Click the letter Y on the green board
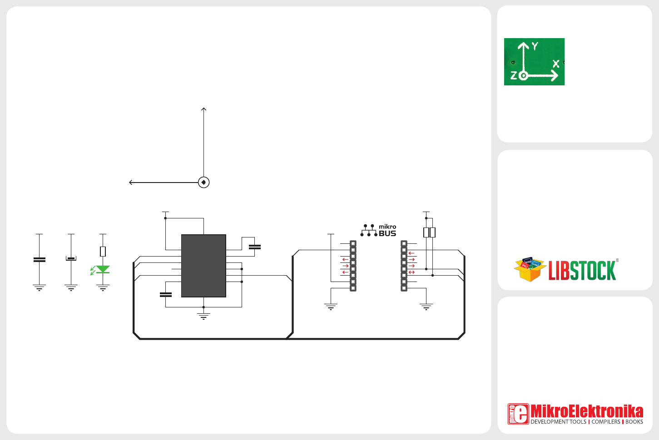point(535,46)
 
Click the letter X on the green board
point(555,64)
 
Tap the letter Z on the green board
point(514,75)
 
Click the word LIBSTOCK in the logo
point(582,271)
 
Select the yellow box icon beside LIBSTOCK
point(530,269)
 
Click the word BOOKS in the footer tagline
point(634,422)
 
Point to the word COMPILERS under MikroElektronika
point(606,422)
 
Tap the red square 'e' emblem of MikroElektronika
point(518,414)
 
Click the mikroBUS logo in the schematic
point(379,230)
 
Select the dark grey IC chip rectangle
point(203,266)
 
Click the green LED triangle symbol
point(103,269)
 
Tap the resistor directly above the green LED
point(103,251)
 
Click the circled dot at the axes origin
point(204,183)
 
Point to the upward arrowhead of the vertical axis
point(204,109)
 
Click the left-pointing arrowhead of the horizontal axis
point(131,183)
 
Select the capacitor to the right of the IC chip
point(255,247)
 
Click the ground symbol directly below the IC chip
point(203,316)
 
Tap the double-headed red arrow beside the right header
point(411,272)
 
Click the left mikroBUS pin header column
point(353,266)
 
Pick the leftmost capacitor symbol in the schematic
point(40,260)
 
